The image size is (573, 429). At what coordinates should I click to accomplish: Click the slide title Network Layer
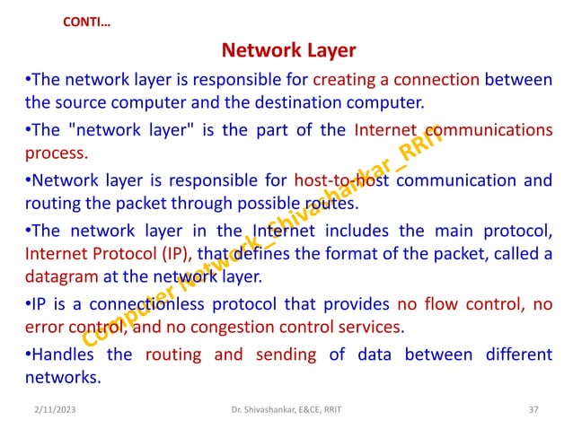(x=288, y=48)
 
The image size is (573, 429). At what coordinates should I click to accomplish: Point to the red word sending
(x=286, y=355)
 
